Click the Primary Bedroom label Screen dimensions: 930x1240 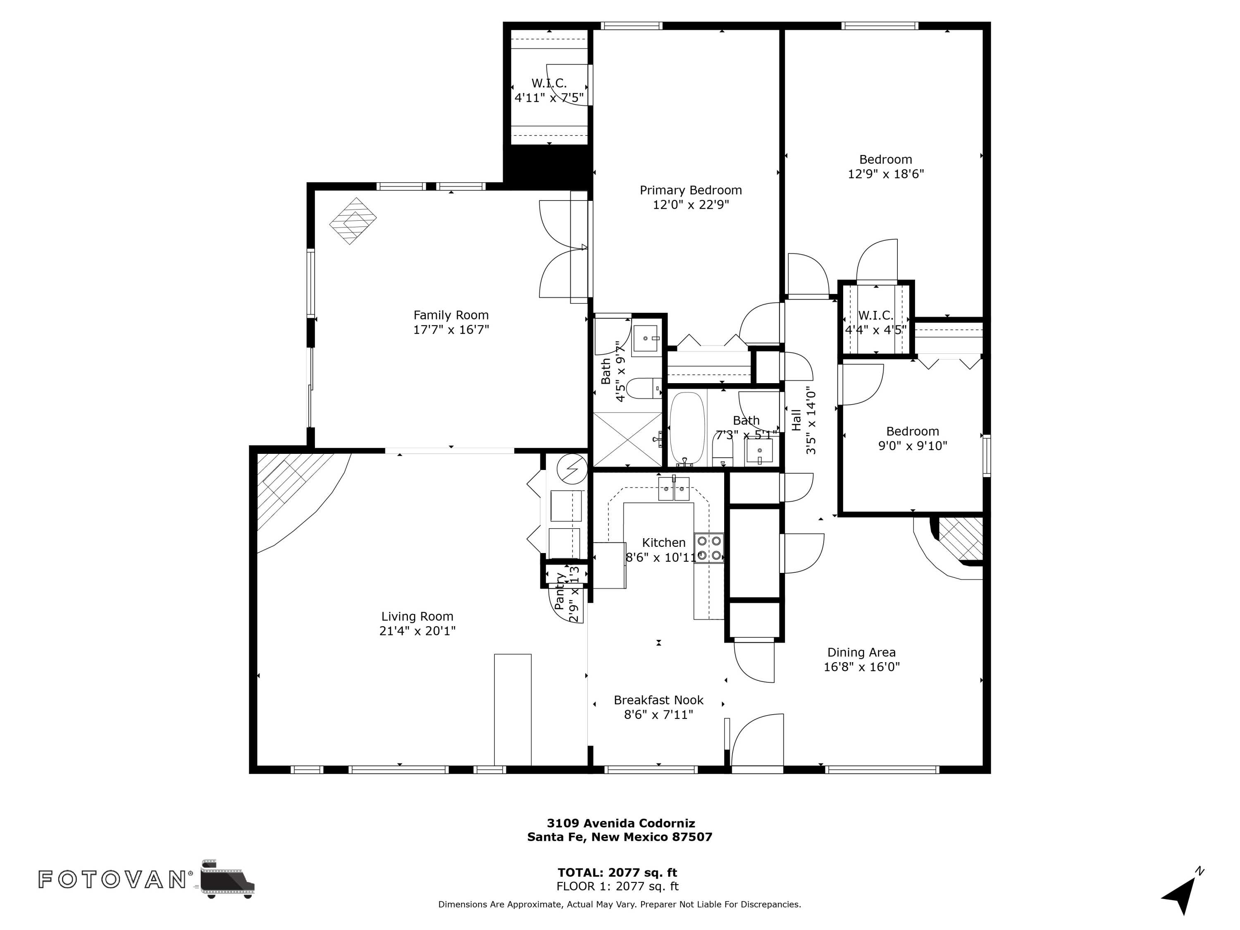point(691,190)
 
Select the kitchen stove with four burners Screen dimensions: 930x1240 point(708,548)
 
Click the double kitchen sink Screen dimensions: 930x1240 point(673,489)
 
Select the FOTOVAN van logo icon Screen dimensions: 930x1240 point(227,878)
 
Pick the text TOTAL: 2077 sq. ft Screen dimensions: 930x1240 point(617,872)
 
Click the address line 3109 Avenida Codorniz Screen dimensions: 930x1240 point(620,823)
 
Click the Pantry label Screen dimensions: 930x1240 point(560,591)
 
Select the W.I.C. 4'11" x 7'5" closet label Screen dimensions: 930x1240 point(549,90)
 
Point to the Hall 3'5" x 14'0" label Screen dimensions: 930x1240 point(803,420)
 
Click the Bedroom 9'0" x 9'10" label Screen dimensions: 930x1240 point(912,439)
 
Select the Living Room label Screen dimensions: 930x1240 point(417,617)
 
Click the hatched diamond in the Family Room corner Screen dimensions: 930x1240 point(353,220)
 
